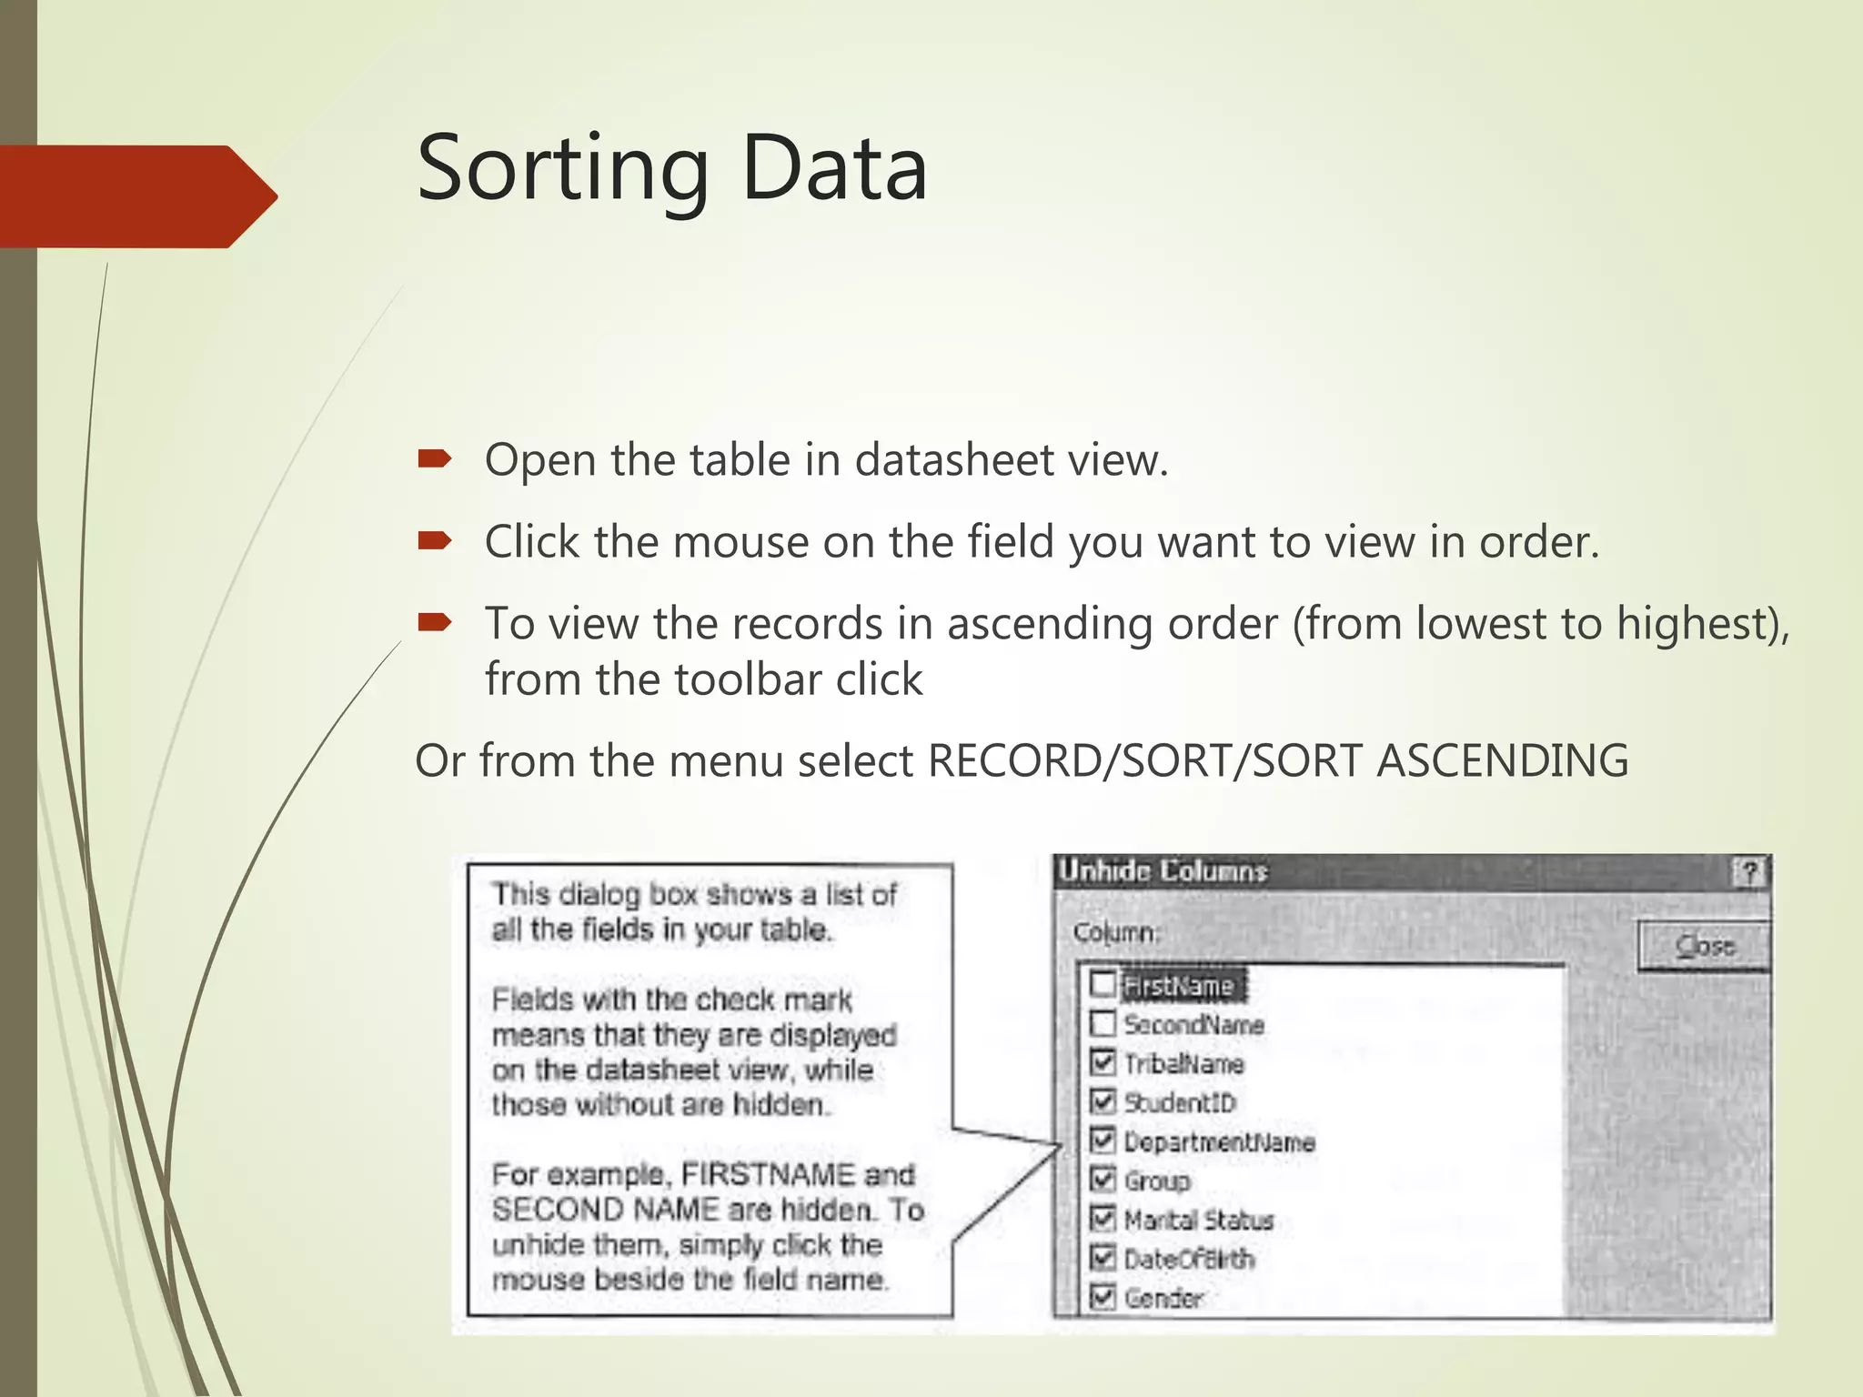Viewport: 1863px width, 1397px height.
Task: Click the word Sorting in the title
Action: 562,169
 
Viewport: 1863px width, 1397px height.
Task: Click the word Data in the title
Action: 834,169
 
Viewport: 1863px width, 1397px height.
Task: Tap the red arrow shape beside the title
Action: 136,196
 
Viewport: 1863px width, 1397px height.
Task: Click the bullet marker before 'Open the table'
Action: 434,458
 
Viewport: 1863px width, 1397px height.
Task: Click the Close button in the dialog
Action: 1704,947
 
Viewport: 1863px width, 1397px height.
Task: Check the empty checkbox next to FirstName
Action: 1103,984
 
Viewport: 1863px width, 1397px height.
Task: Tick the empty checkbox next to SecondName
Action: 1103,1023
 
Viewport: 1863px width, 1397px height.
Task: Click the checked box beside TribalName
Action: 1103,1062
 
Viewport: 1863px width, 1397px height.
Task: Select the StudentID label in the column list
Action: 1180,1102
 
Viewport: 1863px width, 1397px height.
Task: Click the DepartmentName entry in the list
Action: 1219,1141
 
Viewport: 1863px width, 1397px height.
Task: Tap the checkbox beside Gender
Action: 1103,1296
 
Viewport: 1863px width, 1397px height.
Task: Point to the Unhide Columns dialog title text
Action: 1163,871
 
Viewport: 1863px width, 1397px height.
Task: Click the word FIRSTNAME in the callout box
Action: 767,1174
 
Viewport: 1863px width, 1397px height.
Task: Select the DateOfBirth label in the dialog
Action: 1189,1259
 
